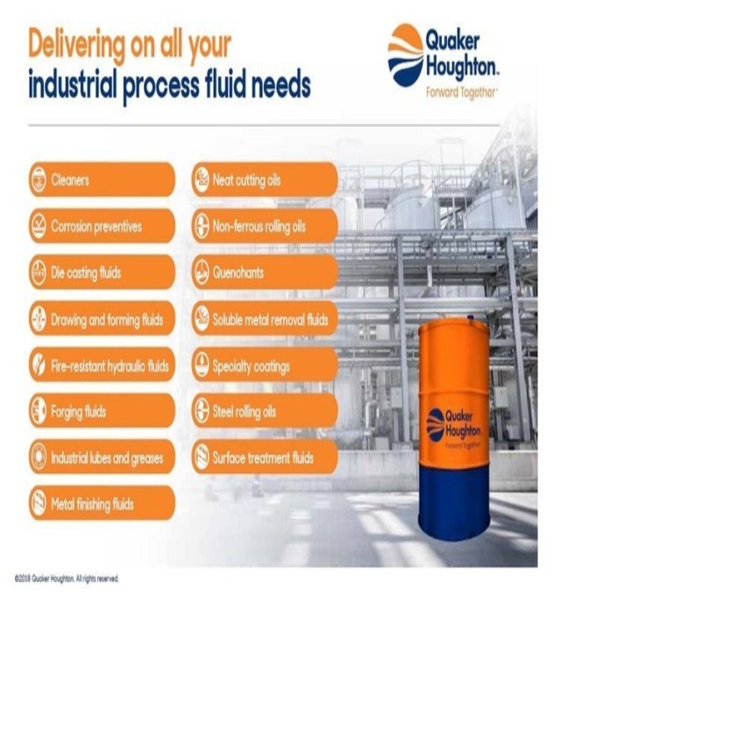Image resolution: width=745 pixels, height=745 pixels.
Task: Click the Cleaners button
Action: coord(102,180)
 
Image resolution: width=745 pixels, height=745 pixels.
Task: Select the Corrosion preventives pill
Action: coord(102,226)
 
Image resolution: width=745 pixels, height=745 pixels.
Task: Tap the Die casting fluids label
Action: coord(102,273)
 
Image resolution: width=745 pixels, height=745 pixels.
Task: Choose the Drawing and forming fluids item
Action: coord(102,319)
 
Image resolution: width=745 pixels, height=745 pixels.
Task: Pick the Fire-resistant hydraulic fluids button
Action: coord(102,365)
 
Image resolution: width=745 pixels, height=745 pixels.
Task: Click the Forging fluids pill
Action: coord(102,411)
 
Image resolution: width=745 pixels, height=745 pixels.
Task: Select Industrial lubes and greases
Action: coord(102,457)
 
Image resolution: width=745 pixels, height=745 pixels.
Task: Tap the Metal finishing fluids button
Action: coord(102,503)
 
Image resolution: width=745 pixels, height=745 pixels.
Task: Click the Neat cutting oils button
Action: coord(265,180)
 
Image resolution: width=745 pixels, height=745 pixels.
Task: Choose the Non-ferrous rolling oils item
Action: coord(265,226)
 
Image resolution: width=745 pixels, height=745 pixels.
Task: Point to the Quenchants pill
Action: coord(265,273)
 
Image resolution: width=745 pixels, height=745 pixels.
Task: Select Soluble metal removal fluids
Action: coord(265,319)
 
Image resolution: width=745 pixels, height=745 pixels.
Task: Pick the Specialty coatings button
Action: coord(265,365)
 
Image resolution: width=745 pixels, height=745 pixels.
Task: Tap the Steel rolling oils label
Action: coord(265,411)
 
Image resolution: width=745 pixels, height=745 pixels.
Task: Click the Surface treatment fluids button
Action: coord(265,457)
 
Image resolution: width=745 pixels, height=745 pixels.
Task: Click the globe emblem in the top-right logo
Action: coord(405,55)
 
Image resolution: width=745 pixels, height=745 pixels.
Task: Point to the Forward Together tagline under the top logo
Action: coord(461,93)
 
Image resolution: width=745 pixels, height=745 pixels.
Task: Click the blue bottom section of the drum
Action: coord(454,504)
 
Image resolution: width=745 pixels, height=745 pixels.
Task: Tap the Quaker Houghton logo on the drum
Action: coord(454,427)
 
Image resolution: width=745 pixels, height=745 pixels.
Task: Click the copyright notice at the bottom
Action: coord(67,578)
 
